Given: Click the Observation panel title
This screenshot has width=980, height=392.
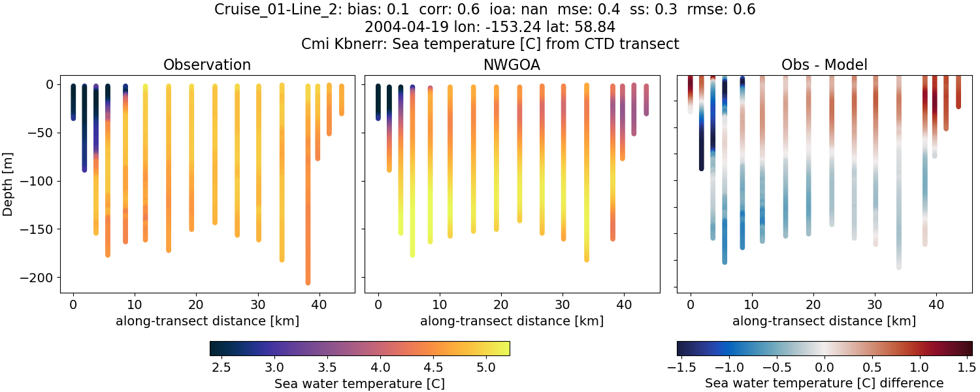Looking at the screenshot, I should click(x=207, y=65).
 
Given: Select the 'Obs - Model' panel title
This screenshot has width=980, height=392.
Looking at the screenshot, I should click(x=825, y=65).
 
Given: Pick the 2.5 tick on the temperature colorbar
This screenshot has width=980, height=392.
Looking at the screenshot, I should click(x=221, y=368).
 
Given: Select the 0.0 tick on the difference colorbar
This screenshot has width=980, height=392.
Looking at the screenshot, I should click(x=825, y=368).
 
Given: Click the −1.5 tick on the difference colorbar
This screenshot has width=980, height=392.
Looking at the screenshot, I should click(x=679, y=368).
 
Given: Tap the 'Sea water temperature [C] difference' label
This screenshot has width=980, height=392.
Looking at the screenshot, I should click(x=825, y=384).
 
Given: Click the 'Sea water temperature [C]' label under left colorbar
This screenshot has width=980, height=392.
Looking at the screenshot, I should click(x=359, y=384).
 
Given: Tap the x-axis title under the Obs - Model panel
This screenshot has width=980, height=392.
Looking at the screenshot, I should click(x=825, y=321).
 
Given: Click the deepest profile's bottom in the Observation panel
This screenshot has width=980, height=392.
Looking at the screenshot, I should click(x=308, y=282).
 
